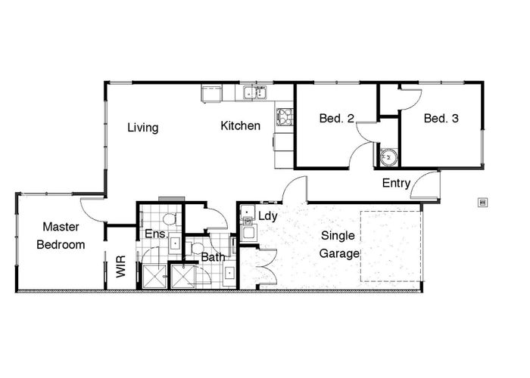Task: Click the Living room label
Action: [x=142, y=128]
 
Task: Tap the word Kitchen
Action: [x=241, y=125]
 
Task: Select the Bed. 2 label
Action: [x=337, y=119]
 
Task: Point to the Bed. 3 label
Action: [x=441, y=119]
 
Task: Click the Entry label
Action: [x=396, y=183]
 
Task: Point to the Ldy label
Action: [x=269, y=216]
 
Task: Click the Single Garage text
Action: [x=338, y=244]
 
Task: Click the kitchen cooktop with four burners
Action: [x=285, y=116]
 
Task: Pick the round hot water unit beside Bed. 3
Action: [x=389, y=156]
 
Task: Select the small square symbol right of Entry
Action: [x=482, y=201]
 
